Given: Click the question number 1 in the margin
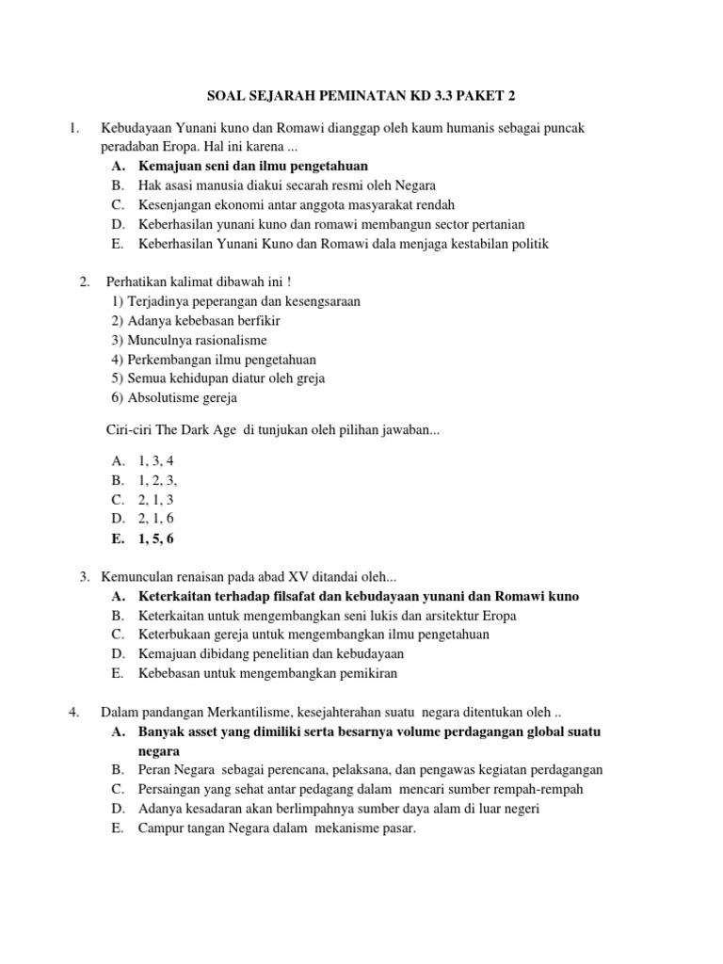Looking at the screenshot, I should [74, 127].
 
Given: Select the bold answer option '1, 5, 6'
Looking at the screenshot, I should [156, 538].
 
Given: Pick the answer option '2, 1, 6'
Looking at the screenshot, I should [156, 519].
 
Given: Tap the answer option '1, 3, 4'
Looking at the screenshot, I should [156, 460].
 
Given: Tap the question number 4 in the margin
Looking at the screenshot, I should [74, 712].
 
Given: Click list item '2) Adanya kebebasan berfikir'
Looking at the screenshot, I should [188, 320].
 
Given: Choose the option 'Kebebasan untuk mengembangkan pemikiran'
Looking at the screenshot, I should [267, 673].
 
